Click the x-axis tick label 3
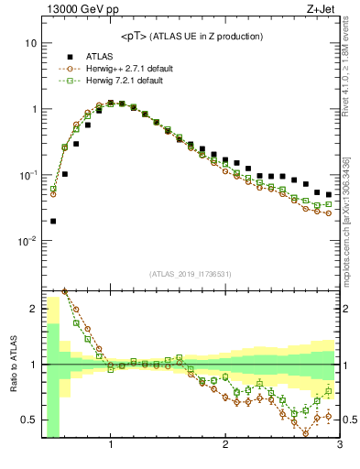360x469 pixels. coord(339,446)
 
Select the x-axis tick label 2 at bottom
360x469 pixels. coord(225,446)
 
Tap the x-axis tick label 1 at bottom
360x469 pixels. coord(111,446)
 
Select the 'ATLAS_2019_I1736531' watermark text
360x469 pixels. coord(191,274)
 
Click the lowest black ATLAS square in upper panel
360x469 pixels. coord(53,221)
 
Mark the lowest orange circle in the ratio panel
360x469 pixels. coord(306,433)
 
